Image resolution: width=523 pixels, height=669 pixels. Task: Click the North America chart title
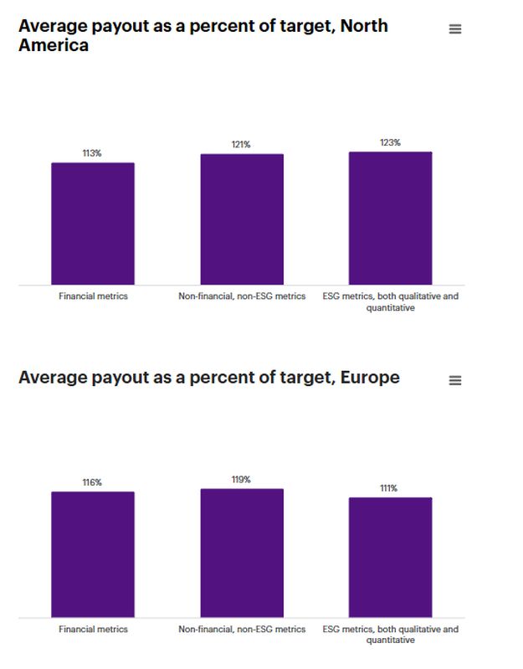coord(203,34)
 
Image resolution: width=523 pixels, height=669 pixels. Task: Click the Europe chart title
coord(208,378)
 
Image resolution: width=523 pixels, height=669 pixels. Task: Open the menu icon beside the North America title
coord(455,29)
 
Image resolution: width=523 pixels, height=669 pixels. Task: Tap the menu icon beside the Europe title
coord(455,380)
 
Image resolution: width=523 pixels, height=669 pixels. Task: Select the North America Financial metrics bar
coord(93,224)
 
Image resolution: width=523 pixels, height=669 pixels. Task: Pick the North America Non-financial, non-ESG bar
coord(242,219)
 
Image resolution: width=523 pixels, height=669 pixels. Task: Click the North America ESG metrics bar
coord(390,219)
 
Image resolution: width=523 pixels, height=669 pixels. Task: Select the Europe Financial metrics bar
coord(93,554)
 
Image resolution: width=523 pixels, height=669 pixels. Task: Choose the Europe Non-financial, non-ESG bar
coord(242,553)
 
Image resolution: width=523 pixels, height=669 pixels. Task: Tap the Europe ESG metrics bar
coord(390,557)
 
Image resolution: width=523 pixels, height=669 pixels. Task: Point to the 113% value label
coord(92,153)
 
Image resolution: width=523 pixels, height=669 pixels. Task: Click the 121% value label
coord(241,145)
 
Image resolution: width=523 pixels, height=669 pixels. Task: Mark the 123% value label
coord(390,142)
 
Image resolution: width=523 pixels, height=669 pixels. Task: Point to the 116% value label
coord(92,482)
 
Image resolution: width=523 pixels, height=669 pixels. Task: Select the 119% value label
coord(241,480)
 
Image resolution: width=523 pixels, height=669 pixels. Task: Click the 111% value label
coord(389,488)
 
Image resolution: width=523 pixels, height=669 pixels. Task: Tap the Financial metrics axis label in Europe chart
coord(93,629)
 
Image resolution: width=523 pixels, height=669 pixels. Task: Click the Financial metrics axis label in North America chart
coord(93,296)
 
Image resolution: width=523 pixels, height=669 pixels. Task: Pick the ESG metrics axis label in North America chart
coord(390,301)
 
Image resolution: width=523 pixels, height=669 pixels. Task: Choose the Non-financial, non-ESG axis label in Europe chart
coord(242,629)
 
